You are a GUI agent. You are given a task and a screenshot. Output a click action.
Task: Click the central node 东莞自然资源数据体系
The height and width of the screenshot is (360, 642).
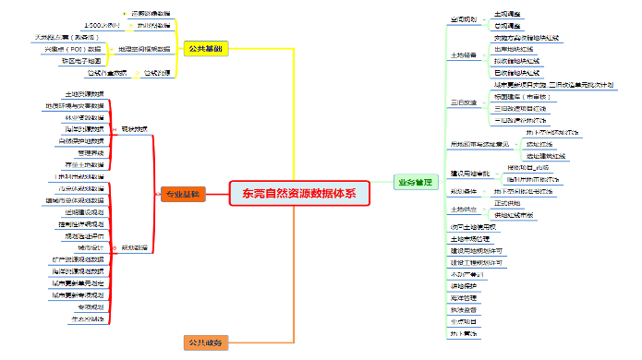[298, 193]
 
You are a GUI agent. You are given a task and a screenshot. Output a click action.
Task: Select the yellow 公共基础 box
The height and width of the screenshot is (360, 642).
[204, 48]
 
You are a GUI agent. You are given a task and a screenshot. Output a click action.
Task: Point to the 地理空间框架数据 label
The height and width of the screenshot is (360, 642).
[144, 48]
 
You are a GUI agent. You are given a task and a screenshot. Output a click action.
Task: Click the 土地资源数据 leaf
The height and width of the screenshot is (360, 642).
[84, 94]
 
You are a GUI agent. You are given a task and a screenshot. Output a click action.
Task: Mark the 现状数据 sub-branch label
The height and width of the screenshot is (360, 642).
[134, 129]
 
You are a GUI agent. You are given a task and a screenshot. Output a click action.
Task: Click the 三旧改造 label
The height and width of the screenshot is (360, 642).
[463, 102]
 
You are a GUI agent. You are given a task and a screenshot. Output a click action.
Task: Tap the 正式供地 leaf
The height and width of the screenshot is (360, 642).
[507, 202]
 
